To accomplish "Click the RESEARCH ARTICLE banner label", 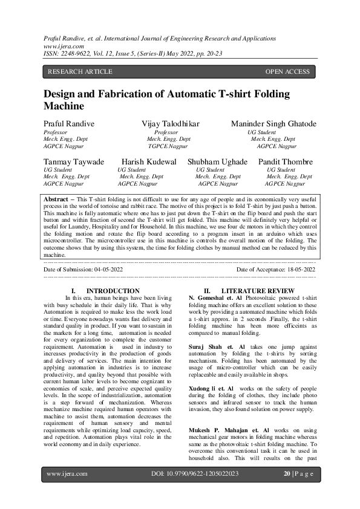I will [x=80, y=72].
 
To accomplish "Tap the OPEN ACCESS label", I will [x=287, y=72].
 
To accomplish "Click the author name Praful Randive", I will [x=69, y=124].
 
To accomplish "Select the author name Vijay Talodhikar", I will [x=171, y=124].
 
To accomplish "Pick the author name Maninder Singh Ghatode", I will [x=273, y=124].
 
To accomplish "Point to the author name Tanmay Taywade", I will [x=74, y=162].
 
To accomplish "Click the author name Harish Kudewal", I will [x=149, y=162].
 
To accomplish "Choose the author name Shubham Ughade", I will [x=217, y=162].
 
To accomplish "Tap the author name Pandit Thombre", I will [x=286, y=162].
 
